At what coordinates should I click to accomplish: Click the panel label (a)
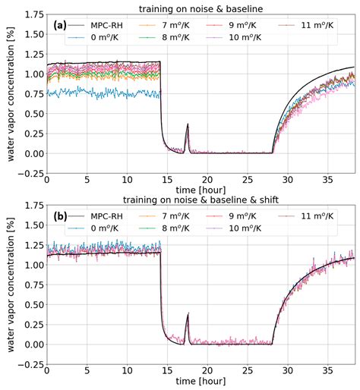60,26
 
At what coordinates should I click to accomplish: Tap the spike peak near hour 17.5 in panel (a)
188,124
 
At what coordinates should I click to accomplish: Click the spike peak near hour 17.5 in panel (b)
188,314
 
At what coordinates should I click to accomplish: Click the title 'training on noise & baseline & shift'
201,200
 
